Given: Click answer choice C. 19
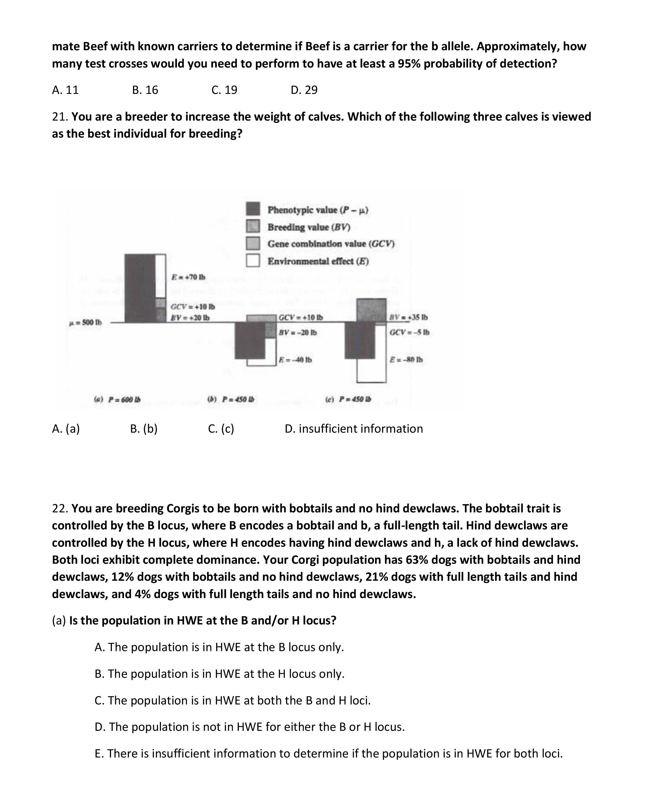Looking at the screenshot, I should tap(224, 90).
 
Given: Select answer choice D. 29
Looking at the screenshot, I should tap(304, 90).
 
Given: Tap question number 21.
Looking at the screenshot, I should tap(60, 117).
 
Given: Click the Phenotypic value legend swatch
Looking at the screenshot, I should tap(253, 209).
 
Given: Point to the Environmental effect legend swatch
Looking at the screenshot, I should tap(253, 260).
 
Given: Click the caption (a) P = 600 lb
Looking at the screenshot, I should tap(117, 399).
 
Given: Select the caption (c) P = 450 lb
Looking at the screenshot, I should tap(348, 399).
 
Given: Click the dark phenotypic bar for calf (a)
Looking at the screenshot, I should tap(140, 288).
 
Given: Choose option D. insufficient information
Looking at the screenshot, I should tap(354, 429).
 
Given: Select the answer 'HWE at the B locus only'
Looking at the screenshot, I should tap(219, 647).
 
